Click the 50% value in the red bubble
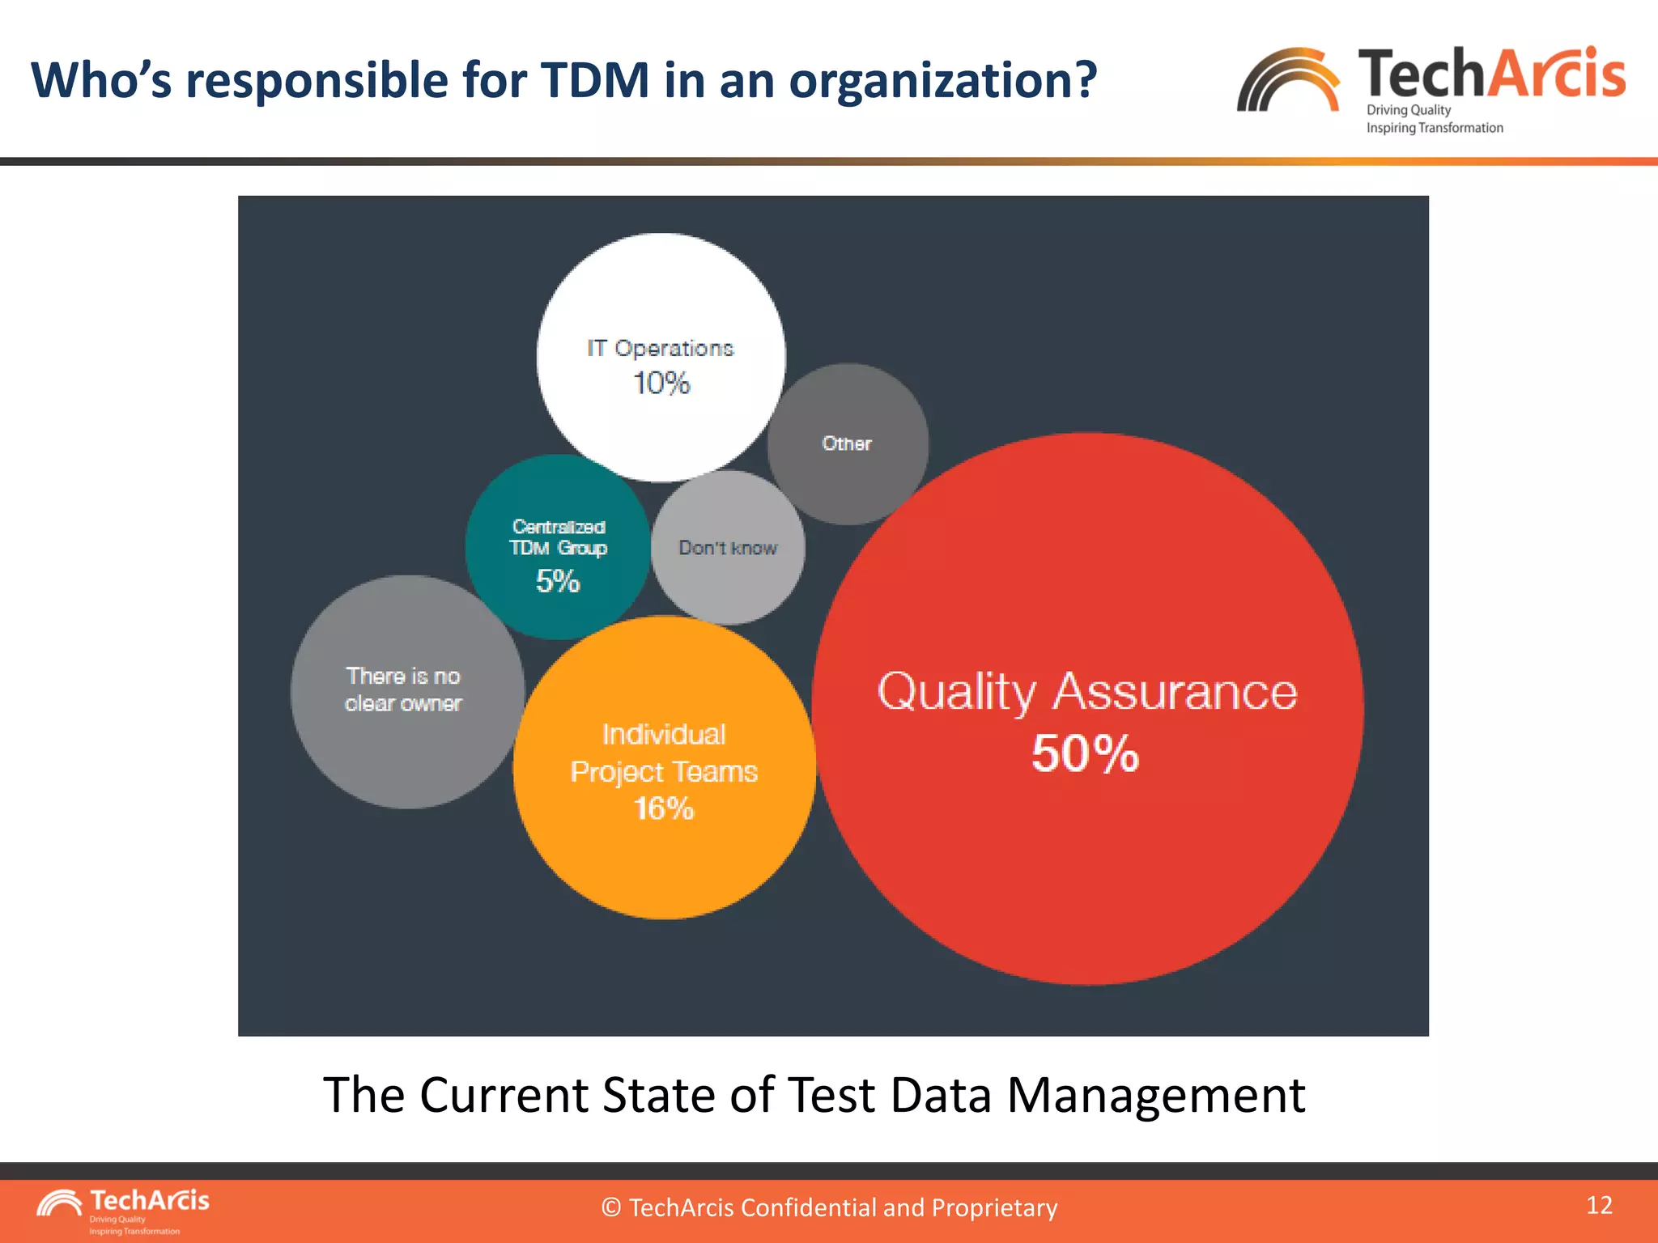[1085, 753]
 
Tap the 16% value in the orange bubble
[664, 808]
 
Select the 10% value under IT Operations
[661, 383]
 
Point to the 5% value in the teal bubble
[558, 581]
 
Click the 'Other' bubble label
[847, 443]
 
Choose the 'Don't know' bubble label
[728, 548]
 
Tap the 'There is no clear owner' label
[403, 689]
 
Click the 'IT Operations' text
[661, 348]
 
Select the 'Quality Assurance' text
[1087, 693]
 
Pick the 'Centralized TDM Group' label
[559, 537]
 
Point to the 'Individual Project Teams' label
[664, 753]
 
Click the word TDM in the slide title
[595, 80]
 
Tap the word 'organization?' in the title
[943, 82]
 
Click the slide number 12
[1599, 1205]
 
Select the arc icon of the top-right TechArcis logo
[1288, 81]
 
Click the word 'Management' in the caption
[1155, 1095]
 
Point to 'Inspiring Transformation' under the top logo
[1435, 128]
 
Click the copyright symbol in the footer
[611, 1207]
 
